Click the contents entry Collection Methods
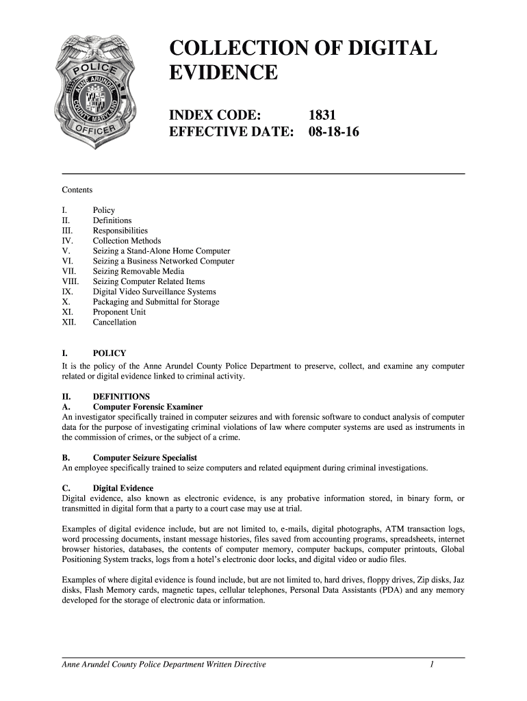tap(127, 241)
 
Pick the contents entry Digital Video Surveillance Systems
tap(154, 292)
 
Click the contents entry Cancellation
tap(114, 322)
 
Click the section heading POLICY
tap(110, 354)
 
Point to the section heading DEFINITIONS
tap(121, 397)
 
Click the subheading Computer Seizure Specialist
tap(145, 457)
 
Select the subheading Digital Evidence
tap(123, 488)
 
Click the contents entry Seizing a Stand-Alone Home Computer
tap(162, 251)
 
